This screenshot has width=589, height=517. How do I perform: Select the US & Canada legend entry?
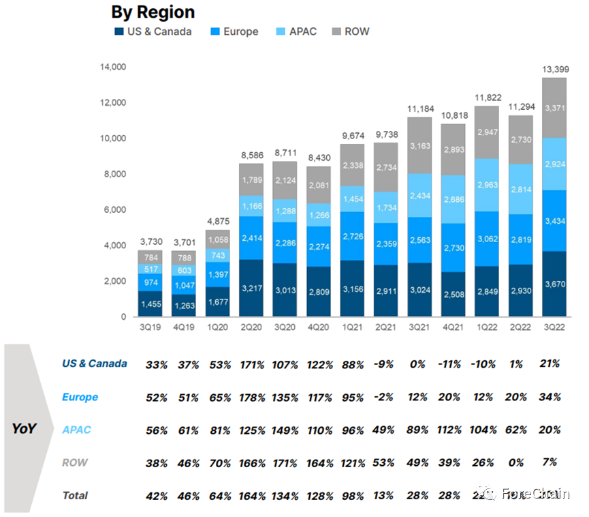pos(153,31)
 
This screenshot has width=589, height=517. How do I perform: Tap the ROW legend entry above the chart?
pos(351,31)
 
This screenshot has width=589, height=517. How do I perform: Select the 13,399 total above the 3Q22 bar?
pos(555,68)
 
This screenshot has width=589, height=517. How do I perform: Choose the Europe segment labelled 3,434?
pos(555,220)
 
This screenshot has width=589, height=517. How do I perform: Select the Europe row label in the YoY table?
pos(80,397)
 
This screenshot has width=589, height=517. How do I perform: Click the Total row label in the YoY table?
pos(76,495)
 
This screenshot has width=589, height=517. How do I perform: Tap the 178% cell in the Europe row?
pos(253,398)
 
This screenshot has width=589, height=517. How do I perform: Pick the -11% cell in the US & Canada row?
pos(452,365)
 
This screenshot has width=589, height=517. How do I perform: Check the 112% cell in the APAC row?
pos(452,430)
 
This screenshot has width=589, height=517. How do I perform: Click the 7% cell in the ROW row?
pos(550,462)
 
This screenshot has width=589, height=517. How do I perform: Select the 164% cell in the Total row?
pos(253,496)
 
